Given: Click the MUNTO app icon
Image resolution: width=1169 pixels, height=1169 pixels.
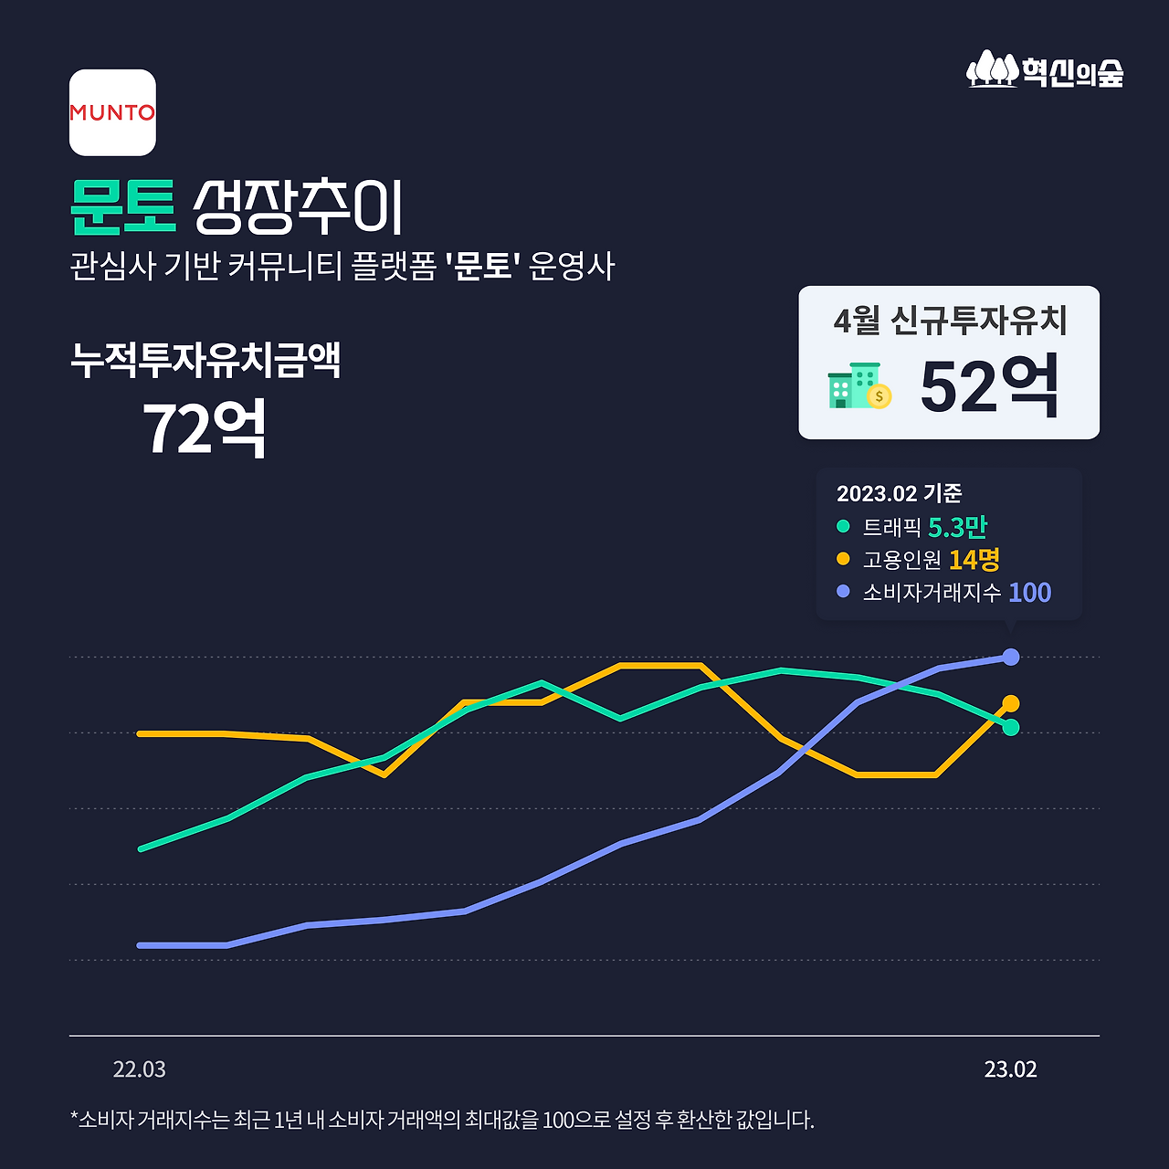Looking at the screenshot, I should point(112,112).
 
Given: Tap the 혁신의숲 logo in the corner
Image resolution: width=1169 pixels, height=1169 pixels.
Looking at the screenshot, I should point(1045,70).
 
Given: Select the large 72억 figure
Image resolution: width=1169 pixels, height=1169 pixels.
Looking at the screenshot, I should point(205,428).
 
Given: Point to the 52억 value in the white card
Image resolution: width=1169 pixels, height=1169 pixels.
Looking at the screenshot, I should point(990,387).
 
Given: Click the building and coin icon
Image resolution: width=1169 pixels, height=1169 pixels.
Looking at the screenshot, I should point(858,385).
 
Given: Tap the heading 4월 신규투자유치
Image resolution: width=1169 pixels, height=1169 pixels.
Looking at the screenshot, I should point(950,321).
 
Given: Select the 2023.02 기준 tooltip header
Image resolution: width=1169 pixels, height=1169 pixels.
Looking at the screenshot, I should point(899,493).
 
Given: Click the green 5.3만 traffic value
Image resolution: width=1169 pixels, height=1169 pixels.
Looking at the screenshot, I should point(957,527).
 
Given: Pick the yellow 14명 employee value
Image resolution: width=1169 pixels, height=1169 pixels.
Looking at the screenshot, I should point(974,559).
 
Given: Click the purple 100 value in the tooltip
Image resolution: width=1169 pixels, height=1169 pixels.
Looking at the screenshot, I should point(1029,593).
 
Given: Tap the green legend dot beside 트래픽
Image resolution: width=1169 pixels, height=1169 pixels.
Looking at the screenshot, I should point(843,526).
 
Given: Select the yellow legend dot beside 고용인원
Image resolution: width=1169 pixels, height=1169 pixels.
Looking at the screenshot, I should point(843,559).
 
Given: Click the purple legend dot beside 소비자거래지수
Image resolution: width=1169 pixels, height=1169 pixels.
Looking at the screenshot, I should point(843,592).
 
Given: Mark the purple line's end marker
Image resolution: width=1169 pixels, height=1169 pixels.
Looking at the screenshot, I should point(1011,657).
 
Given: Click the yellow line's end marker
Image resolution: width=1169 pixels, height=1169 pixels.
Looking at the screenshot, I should point(1011,703).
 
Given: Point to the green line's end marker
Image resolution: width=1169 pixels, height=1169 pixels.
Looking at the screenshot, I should point(1011,727).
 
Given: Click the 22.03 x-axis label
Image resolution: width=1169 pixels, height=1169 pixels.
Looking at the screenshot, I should point(140,1069).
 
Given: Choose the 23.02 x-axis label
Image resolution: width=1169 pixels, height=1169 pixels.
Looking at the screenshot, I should point(1010,1069).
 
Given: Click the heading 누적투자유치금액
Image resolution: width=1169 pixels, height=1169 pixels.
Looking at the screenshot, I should point(205,360).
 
